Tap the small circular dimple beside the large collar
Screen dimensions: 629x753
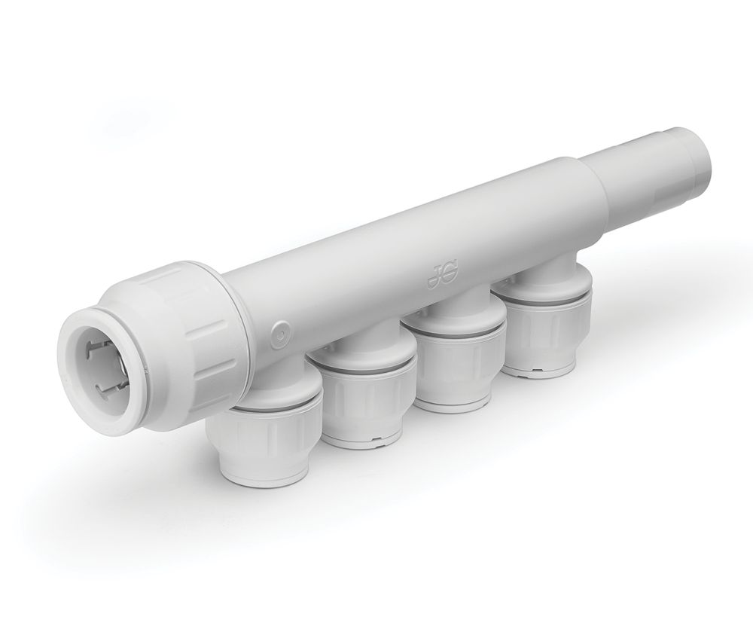(x=279, y=329)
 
